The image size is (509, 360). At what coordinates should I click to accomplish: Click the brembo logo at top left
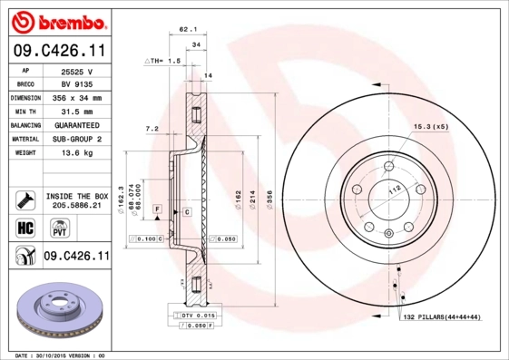pos(57,21)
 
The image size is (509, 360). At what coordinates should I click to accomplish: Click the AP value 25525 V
pos(76,71)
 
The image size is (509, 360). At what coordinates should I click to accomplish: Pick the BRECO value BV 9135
pos(76,83)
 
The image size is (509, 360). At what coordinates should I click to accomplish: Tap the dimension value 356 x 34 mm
pos(76,97)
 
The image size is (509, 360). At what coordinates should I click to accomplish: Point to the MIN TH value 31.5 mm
pos(76,111)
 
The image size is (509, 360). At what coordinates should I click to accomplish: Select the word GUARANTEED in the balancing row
pos(76,124)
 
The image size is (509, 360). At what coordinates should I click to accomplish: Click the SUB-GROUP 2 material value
pos(76,139)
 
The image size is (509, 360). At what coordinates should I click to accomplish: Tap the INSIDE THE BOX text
pos(76,196)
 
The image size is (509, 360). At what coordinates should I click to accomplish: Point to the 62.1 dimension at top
pos(188,29)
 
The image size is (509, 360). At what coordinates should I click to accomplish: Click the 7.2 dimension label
pos(152,129)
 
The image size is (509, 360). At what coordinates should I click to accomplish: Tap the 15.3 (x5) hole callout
pos(431,125)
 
